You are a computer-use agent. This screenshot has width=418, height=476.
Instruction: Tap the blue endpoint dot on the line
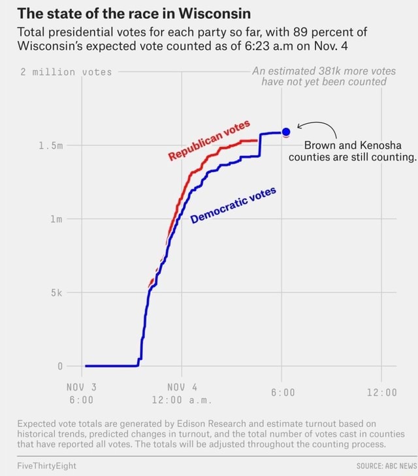[x=286, y=132]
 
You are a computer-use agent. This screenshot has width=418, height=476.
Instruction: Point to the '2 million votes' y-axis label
[x=66, y=72]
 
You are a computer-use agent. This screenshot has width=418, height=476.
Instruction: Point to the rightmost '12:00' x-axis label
[x=381, y=393]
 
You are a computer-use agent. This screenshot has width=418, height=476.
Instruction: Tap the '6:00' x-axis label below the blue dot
[x=282, y=393]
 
